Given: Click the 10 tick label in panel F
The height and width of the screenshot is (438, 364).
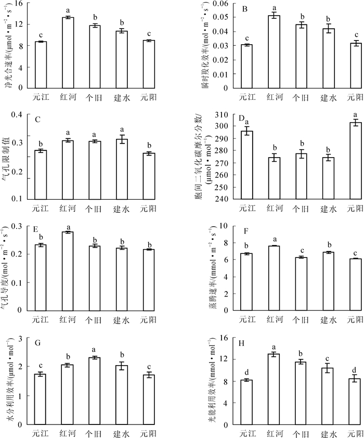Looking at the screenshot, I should (224, 226).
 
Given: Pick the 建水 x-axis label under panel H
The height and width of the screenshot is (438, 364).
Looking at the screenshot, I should (329, 432).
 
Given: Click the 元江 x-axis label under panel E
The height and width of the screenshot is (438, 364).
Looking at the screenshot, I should (41, 319).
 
